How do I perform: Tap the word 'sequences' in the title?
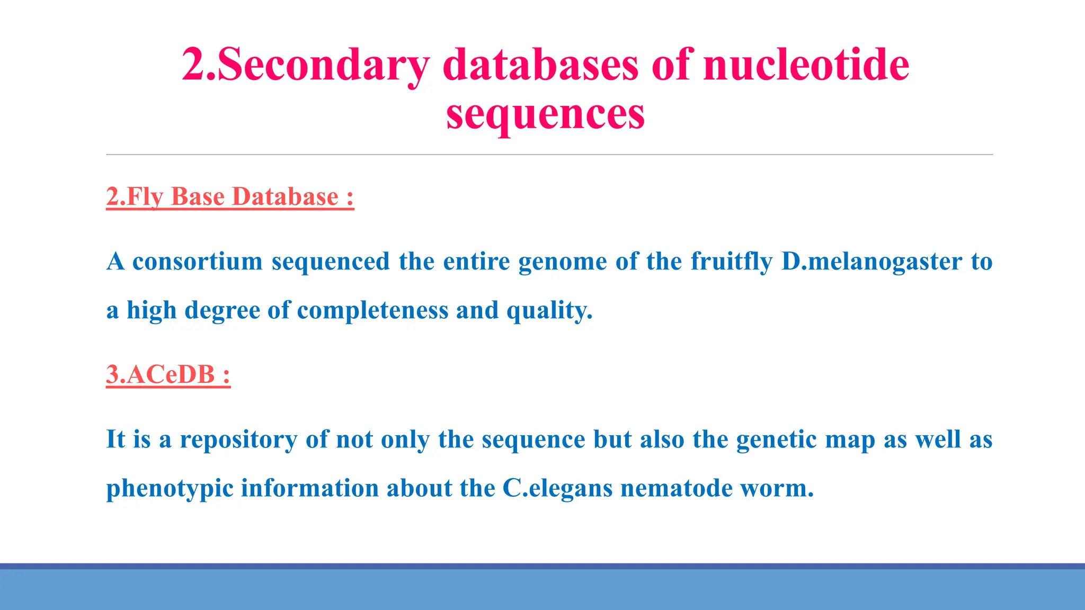(x=545, y=114)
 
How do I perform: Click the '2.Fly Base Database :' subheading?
(x=230, y=196)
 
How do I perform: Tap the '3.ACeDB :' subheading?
(x=168, y=374)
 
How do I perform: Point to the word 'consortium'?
(x=197, y=261)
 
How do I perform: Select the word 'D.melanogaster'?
(x=871, y=261)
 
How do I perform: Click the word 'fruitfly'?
(x=731, y=261)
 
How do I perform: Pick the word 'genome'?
(x=562, y=262)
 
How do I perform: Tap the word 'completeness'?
(x=372, y=310)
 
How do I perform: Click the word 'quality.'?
(x=549, y=310)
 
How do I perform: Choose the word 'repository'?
(x=238, y=439)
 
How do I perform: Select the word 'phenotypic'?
(x=170, y=488)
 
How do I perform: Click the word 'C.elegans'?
(x=557, y=488)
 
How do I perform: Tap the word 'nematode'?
(x=677, y=488)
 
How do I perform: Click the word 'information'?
(x=309, y=488)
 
